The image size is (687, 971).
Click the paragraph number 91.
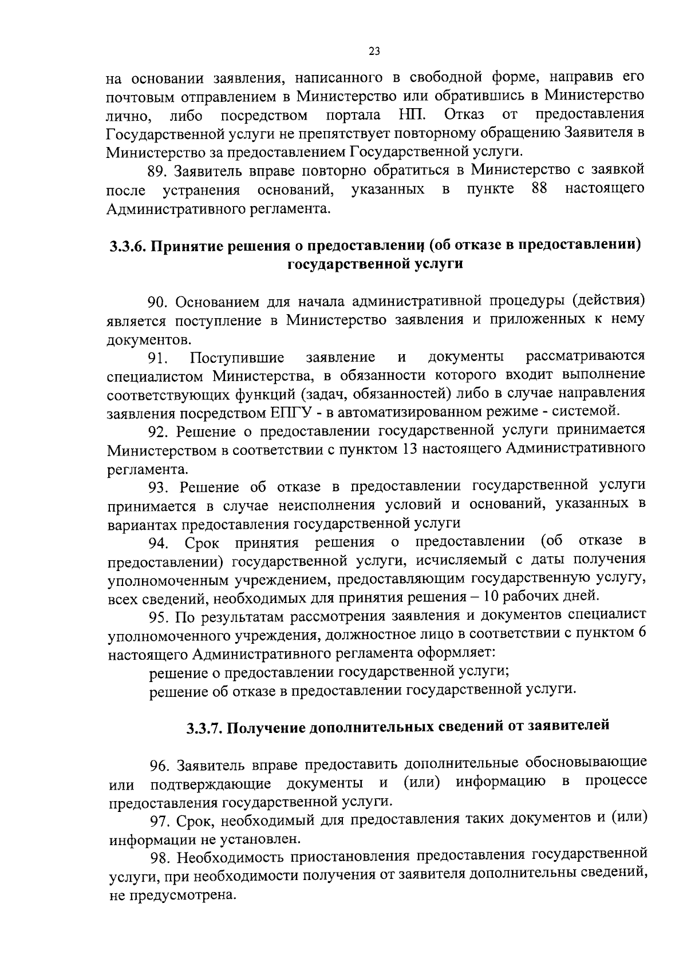pyautogui.click(x=158, y=359)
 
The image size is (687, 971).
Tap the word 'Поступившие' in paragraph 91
pyautogui.click(x=238, y=358)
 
